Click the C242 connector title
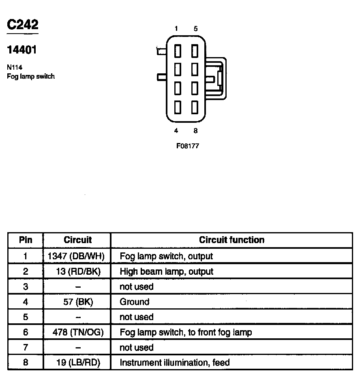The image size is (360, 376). pos(23,25)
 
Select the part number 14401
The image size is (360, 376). pos(22,50)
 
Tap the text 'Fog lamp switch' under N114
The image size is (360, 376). pos(31,76)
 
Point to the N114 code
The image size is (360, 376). pos(15,68)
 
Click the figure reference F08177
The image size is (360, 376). pos(188,146)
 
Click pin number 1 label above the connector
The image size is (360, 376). pos(176,28)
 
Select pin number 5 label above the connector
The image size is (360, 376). pos(196,28)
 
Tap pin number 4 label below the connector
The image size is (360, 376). pos(176,130)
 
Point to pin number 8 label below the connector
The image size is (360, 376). pos(196,130)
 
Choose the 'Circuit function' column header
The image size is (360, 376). pos(231,240)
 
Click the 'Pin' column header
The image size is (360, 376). pos(26,240)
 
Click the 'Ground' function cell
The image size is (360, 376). pos(135,302)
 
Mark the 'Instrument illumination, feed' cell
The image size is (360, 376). pos(175,363)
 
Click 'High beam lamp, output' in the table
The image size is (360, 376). pos(166,271)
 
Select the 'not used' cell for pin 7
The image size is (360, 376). pos(137,348)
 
